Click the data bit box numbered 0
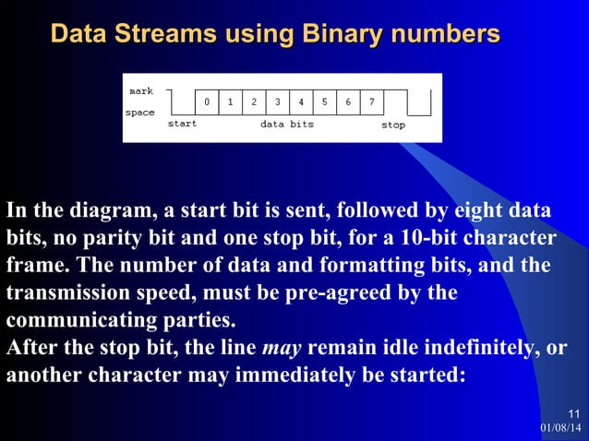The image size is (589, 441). coord(207,102)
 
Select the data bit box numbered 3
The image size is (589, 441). coord(278,102)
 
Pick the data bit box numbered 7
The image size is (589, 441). coord(372,102)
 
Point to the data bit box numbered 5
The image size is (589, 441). coord(325,102)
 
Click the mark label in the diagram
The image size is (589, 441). coord(141,91)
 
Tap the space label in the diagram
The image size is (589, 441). coord(140,113)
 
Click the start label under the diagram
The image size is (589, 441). coord(182,124)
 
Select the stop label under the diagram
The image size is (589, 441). coord(393,125)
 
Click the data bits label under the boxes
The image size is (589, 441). coord(286,124)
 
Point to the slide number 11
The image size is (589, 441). coord(574,412)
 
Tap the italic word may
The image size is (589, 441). coord(282,350)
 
